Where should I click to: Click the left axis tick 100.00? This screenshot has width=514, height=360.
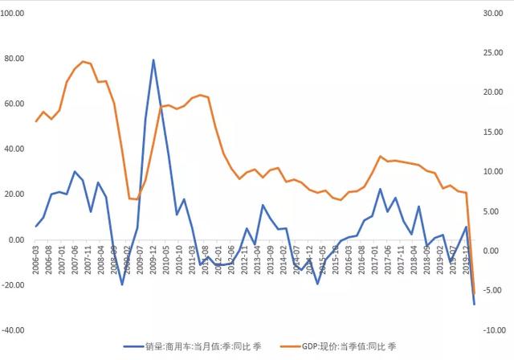15,14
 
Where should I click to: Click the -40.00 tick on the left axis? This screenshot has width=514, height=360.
15,329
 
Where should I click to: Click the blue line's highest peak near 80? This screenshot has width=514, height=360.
153,59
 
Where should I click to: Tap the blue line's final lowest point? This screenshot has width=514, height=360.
474,304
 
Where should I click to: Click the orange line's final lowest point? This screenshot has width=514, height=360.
474,292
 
